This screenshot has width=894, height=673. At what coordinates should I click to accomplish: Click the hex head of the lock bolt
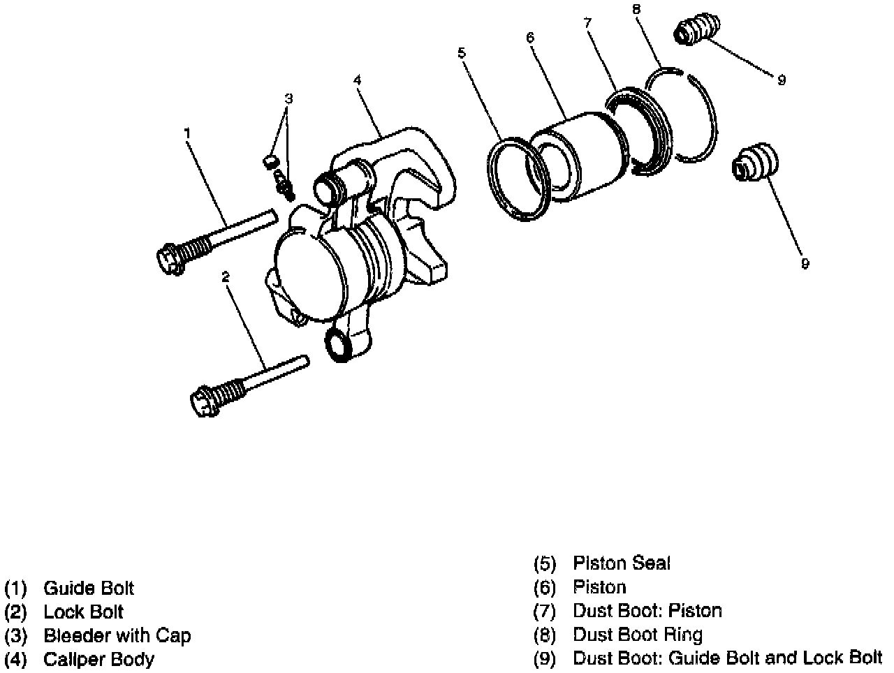[203, 402]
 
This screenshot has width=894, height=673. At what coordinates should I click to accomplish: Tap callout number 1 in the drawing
[187, 131]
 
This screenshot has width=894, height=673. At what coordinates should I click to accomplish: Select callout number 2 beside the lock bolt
[225, 277]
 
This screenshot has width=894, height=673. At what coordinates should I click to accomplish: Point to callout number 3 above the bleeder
[288, 98]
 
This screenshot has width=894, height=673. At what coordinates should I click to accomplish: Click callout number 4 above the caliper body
[357, 80]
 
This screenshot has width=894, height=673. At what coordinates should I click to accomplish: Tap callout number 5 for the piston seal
[461, 52]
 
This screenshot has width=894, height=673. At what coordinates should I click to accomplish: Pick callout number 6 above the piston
[530, 37]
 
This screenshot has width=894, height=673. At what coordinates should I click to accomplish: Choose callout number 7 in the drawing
[587, 23]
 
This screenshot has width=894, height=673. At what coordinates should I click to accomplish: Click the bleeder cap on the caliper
[268, 163]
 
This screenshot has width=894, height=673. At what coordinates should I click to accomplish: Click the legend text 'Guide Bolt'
[88, 589]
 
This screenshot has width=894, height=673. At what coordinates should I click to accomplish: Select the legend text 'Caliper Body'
[98, 659]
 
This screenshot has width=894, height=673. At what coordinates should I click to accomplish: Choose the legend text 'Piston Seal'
[621, 563]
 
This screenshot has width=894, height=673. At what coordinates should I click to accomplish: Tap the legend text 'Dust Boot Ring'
[637, 635]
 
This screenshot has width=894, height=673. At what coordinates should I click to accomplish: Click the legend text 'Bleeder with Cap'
[117, 635]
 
